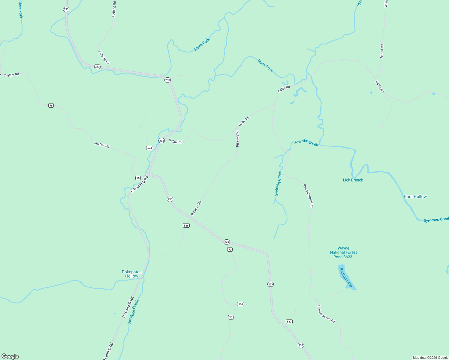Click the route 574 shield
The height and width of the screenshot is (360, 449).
(149, 148)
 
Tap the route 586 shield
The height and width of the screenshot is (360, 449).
(186, 225)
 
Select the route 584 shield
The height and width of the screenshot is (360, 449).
(240, 304)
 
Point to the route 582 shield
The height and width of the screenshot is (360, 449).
(289, 322)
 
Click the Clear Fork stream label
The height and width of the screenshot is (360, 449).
(20, 9)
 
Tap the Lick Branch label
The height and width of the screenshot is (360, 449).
(353, 180)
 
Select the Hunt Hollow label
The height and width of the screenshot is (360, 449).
(415, 196)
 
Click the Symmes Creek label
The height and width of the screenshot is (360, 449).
(436, 220)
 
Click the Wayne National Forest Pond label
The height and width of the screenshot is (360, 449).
(343, 252)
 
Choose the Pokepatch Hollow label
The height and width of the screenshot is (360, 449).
(132, 274)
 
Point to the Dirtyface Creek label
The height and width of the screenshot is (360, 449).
(133, 312)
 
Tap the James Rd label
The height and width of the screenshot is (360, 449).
(382, 52)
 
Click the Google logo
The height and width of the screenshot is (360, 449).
(10, 356)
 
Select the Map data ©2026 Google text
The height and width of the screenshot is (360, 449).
(430, 358)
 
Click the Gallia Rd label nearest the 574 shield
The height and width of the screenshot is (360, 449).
(175, 141)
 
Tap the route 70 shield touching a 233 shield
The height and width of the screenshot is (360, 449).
(230, 249)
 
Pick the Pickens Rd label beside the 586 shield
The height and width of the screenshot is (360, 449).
(196, 208)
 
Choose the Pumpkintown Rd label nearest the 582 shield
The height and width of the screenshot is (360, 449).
(326, 314)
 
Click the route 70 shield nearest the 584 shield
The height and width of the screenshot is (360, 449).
(231, 317)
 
